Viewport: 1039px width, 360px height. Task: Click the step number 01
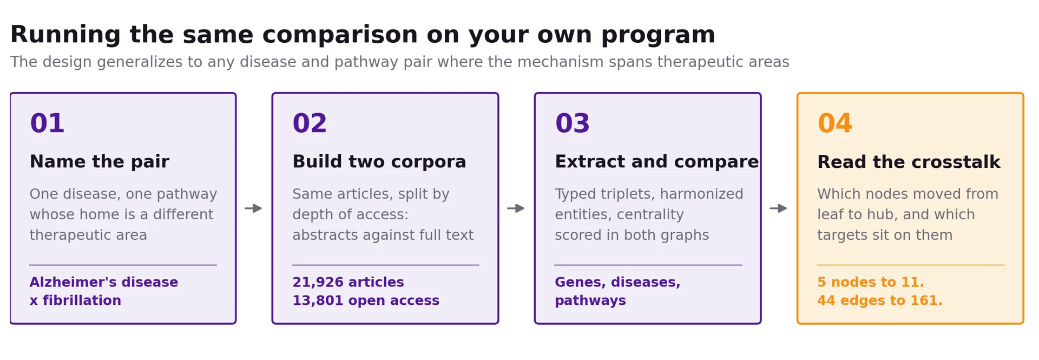47,123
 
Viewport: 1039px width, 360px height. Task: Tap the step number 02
310,123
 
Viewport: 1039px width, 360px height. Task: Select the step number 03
572,123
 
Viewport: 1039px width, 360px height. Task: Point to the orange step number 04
834,123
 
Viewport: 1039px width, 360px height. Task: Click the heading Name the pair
99,162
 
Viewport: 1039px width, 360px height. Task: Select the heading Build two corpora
379,162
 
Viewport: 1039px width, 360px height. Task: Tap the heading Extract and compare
656,162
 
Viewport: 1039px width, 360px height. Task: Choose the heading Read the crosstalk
909,162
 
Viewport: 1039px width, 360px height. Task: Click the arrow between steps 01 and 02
253,208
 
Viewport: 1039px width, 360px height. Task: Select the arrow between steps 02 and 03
516,208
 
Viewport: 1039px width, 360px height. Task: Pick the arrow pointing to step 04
778,208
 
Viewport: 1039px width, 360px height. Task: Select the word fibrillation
82,301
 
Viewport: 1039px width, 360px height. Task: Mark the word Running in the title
65,36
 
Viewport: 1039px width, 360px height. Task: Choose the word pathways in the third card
590,301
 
